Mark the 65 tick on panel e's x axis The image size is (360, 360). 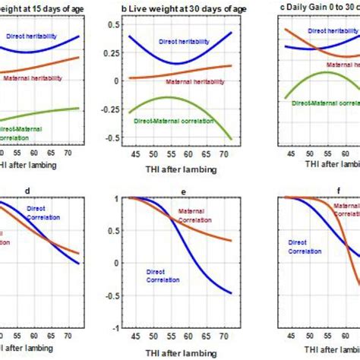[x=207, y=339]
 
